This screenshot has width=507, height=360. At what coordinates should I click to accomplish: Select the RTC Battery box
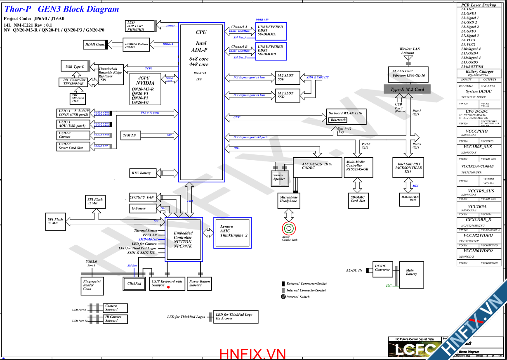[141, 173]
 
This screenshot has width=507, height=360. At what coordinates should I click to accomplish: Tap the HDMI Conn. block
[94, 44]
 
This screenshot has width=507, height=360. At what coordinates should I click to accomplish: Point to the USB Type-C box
[75, 66]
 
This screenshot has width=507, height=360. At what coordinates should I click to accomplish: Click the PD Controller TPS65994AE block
[73, 82]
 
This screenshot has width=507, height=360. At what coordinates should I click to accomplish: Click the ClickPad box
[134, 284]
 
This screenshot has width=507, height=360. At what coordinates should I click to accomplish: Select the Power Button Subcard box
[199, 284]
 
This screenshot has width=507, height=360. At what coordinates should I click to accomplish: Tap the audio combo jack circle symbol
[288, 228]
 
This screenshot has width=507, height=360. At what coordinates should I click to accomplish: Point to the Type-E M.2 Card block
[407, 89]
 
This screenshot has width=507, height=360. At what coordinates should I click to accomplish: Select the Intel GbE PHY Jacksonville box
[408, 168]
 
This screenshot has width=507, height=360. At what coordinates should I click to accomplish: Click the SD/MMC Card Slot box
[358, 199]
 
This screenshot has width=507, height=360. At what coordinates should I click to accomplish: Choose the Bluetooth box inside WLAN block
[338, 120]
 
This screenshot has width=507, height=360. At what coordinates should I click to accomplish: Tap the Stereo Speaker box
[279, 177]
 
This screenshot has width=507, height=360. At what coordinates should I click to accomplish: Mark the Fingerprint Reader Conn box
[92, 285]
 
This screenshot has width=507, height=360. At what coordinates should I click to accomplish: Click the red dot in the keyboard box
[168, 287]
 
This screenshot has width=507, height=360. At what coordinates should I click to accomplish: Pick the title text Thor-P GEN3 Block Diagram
[61, 9]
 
